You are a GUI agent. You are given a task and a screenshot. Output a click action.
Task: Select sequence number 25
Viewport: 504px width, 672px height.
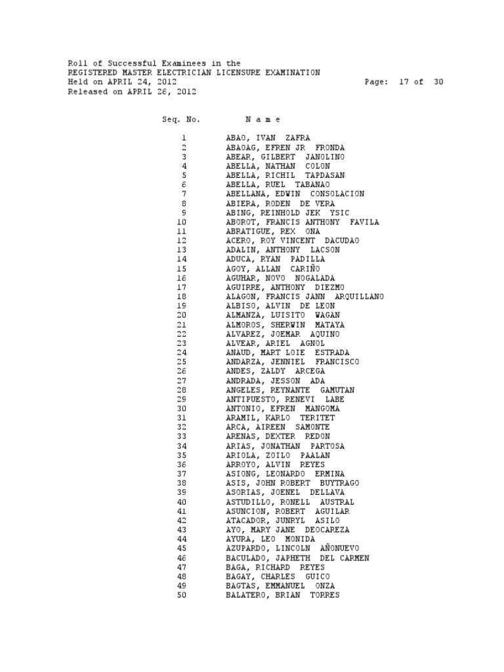pyautogui.click(x=182, y=362)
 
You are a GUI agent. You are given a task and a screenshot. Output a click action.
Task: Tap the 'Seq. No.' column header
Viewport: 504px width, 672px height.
pyautogui.click(x=181, y=119)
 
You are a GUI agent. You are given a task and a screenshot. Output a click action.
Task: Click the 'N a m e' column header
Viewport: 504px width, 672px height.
pyautogui.click(x=262, y=119)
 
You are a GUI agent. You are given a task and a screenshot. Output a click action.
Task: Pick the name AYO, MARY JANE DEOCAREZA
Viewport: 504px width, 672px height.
pyautogui.click(x=287, y=529)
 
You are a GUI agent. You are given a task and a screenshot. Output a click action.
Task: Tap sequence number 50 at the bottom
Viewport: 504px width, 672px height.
pyautogui.click(x=182, y=595)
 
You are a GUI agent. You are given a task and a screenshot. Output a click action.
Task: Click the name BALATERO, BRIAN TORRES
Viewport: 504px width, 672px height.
pyautogui.click(x=282, y=595)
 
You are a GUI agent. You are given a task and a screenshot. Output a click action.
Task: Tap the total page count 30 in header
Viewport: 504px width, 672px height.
pyautogui.click(x=438, y=82)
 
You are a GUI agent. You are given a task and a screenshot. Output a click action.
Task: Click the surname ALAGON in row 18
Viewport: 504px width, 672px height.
pyautogui.click(x=241, y=297)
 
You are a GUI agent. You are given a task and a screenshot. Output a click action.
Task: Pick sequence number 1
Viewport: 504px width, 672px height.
pyautogui.click(x=184, y=138)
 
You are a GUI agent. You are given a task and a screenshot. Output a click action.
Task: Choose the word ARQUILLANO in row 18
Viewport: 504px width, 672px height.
pyautogui.click(x=359, y=297)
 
